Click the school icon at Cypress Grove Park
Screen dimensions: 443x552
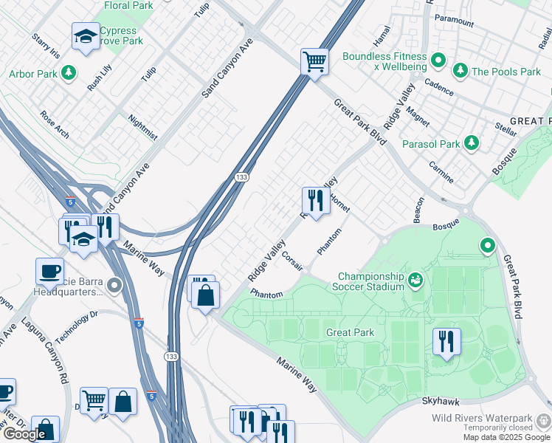pos(86,36)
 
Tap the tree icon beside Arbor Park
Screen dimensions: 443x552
pos(69,73)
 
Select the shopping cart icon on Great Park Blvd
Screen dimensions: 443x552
pos(314,61)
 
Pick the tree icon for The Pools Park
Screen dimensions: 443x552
pos(460,72)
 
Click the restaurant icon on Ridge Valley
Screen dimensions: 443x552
pos(315,200)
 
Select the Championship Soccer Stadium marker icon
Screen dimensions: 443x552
pos(415,281)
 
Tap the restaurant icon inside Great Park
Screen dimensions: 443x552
pos(446,341)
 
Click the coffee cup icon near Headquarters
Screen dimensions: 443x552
pos(49,271)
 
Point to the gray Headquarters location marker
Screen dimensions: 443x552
pos(114,285)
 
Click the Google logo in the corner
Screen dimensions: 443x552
pos(24,434)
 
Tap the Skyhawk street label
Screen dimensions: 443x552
pos(441,401)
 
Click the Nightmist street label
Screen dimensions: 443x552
pos(142,126)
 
